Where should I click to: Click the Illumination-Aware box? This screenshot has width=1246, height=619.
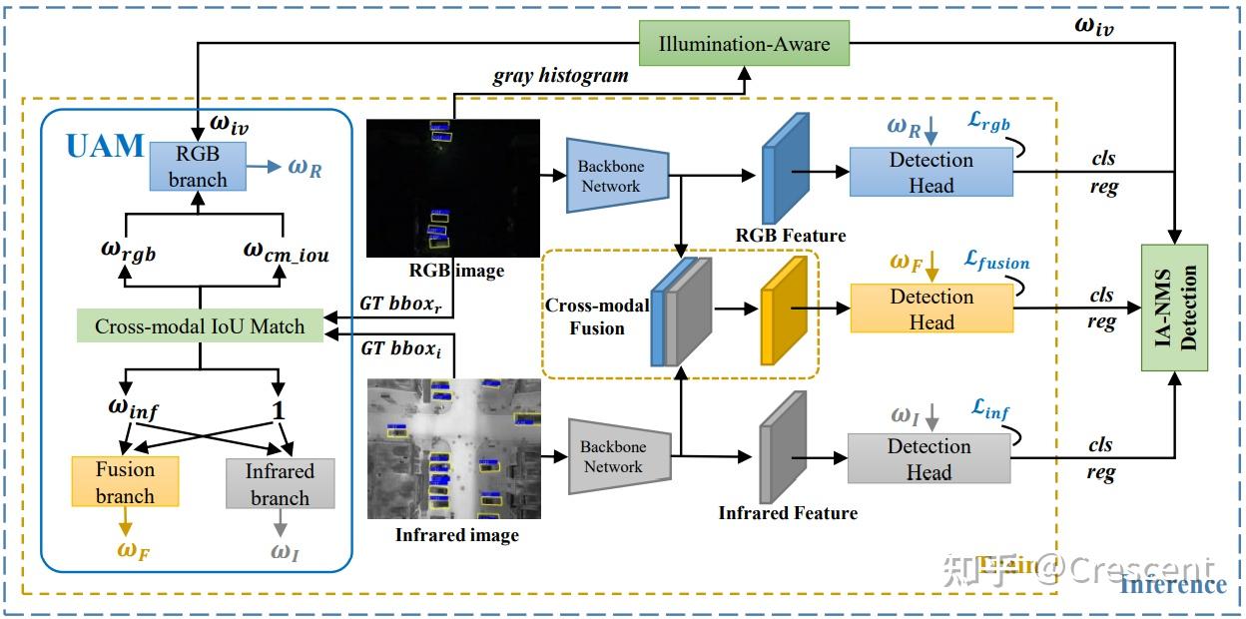tap(744, 44)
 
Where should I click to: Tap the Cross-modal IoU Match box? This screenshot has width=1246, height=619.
tap(200, 325)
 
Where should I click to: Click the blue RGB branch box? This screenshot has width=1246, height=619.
tap(197, 166)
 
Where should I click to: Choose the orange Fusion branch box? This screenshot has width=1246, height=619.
tap(125, 481)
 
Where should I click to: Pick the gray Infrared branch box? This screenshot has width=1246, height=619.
tap(280, 483)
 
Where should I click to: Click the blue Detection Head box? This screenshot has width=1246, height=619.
tap(931, 172)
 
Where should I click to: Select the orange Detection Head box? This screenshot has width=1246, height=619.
tap(931, 309)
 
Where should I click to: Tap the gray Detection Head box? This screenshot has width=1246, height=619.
tap(929, 458)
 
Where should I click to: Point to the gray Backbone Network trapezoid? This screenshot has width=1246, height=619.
tap(617, 456)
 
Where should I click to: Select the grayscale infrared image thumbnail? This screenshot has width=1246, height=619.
tap(453, 448)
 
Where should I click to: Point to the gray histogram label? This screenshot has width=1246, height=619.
tap(560, 76)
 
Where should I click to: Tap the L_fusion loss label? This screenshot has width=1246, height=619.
tap(996, 263)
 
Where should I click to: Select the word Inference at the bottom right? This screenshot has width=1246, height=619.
tap(1172, 584)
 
